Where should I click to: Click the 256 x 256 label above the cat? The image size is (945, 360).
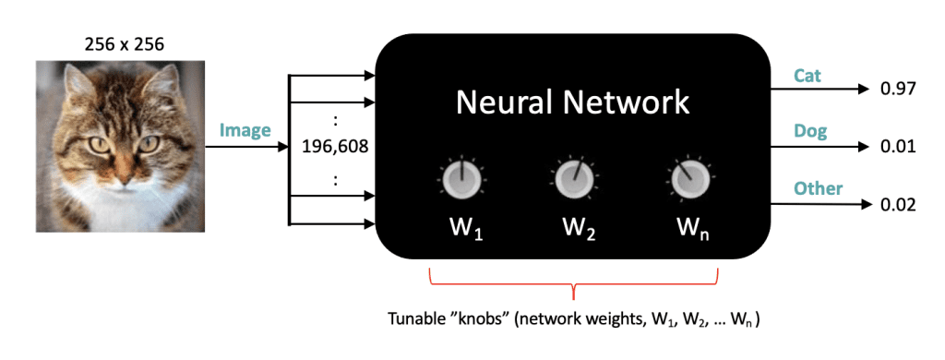click(117, 42)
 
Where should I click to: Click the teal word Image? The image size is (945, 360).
click(245, 130)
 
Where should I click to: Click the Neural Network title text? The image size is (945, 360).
click(572, 101)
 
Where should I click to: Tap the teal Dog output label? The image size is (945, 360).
click(809, 131)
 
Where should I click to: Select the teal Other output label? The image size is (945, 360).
click(818, 188)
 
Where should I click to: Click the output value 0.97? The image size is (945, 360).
click(897, 90)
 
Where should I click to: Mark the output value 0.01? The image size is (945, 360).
click(897, 147)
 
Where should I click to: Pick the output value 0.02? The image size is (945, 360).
click(897, 204)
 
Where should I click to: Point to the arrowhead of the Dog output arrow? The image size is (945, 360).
click(864, 147)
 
